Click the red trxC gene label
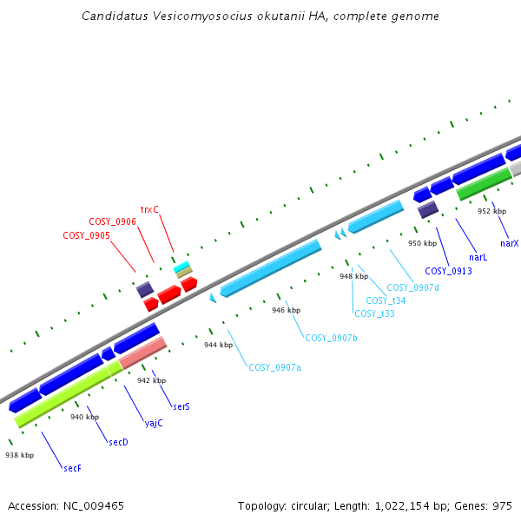pyautogui.click(x=149, y=209)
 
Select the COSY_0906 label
pyautogui.click(x=112, y=221)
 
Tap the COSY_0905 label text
pyautogui.click(x=86, y=235)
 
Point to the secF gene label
pyautogui.click(x=72, y=468)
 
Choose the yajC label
pyautogui.click(x=154, y=424)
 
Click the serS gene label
pyautogui.click(x=181, y=406)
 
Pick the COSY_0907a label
pyautogui.click(x=275, y=367)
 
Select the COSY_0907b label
pyautogui.click(x=332, y=338)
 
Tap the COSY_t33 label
pyautogui.click(x=375, y=313)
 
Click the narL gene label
pyautogui.click(x=478, y=257)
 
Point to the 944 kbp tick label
pyautogui.click(x=218, y=345)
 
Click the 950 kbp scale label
pyautogui.click(x=422, y=243)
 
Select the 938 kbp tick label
pyautogui.click(x=20, y=455)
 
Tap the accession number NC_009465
pyautogui.click(x=94, y=506)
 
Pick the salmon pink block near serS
pyautogui.click(x=143, y=353)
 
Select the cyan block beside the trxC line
pyautogui.click(x=181, y=267)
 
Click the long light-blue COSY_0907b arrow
pyautogui.click(x=271, y=268)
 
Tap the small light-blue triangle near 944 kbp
pyautogui.click(x=213, y=298)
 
